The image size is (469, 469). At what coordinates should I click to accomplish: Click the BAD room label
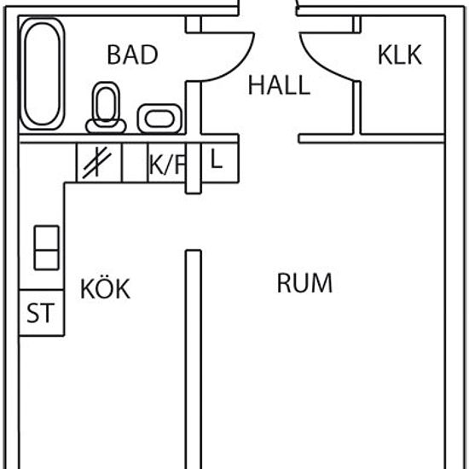(x=132, y=55)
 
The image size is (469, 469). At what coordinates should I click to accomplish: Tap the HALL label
(x=279, y=85)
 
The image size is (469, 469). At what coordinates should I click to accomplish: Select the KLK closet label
(x=400, y=55)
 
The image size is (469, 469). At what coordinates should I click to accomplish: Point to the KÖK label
(x=105, y=288)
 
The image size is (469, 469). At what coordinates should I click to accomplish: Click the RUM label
(x=304, y=283)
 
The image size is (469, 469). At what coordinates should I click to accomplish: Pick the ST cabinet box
(x=42, y=313)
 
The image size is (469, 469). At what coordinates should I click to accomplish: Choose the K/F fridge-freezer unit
(x=167, y=163)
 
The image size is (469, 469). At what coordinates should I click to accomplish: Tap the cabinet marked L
(x=219, y=162)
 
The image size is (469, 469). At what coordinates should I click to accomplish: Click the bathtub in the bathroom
(x=43, y=74)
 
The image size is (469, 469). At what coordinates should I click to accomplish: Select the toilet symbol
(x=106, y=107)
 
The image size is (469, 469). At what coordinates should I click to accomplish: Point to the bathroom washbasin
(x=159, y=119)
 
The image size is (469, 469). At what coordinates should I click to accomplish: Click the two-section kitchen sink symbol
(x=47, y=247)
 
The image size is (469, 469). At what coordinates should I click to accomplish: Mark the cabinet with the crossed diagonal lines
(x=99, y=163)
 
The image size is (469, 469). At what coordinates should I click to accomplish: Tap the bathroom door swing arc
(x=240, y=64)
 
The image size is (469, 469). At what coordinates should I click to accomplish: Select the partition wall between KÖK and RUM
(x=194, y=359)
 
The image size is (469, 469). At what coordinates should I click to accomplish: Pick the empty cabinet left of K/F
(x=135, y=163)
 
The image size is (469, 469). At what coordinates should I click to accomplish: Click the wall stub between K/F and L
(x=194, y=168)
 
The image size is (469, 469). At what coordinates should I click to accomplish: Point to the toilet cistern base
(x=106, y=126)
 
